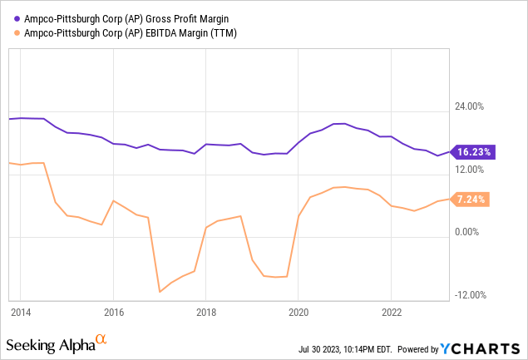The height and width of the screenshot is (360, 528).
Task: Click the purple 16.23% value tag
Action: pos(473,152)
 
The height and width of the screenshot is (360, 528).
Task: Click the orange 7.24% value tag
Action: pos(470,200)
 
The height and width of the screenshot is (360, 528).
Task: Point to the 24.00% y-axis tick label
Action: pos(470,106)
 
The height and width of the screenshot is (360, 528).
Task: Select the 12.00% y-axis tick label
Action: pos(470,170)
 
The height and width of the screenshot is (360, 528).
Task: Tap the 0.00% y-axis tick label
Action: pos(466,232)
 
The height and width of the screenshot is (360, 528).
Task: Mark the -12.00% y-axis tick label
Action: pos(471,295)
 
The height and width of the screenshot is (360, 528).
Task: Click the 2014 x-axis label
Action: pos(21,313)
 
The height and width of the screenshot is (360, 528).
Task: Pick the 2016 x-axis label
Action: pos(114,313)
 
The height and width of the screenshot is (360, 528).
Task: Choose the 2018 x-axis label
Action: pos(206,313)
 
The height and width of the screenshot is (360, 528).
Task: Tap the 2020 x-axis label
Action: pos(299,313)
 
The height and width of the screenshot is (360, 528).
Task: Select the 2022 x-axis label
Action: pos(392,313)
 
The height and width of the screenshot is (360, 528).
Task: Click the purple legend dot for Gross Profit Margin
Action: pos(17,19)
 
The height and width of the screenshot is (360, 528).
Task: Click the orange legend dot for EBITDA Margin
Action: pos(17,33)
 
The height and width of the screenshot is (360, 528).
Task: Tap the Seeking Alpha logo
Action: pos(57,344)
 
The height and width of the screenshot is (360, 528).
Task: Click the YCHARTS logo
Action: pos(480,349)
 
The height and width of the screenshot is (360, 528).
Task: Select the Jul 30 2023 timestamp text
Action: pos(345,349)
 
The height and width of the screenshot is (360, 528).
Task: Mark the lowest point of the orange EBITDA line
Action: pos(160,292)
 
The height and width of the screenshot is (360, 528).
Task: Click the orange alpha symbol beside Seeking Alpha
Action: pos(101,338)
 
